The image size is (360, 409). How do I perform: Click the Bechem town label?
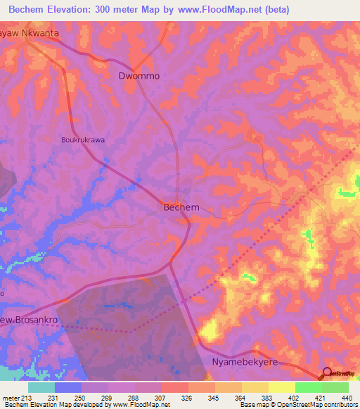181,207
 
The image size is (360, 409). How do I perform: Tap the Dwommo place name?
138,75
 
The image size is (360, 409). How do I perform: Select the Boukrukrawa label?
82,140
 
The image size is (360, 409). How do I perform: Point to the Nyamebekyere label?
245,361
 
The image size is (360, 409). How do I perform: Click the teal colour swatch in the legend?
41,387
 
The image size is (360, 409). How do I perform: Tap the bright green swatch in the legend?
308,387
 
